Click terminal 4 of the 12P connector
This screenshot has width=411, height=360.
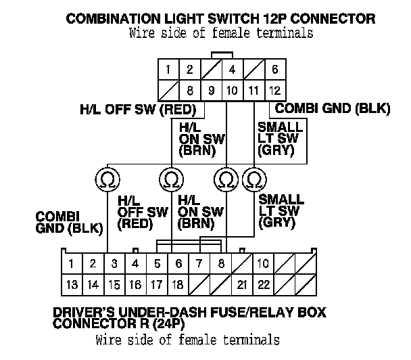click(232, 70)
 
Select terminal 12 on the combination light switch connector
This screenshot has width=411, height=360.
click(274, 89)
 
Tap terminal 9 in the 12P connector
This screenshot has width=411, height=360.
click(211, 89)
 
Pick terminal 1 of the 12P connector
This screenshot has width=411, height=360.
click(168, 70)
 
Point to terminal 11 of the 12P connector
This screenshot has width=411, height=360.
click(253, 89)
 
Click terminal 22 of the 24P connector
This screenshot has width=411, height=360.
click(263, 285)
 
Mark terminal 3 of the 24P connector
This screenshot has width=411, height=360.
click(115, 263)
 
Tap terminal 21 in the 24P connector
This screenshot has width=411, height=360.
click(241, 285)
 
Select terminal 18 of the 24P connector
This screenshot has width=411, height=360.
click(178, 285)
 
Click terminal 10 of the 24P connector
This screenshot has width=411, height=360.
click(263, 263)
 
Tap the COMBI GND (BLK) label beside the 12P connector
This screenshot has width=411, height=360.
click(322, 108)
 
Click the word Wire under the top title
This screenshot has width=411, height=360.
click(143, 33)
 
